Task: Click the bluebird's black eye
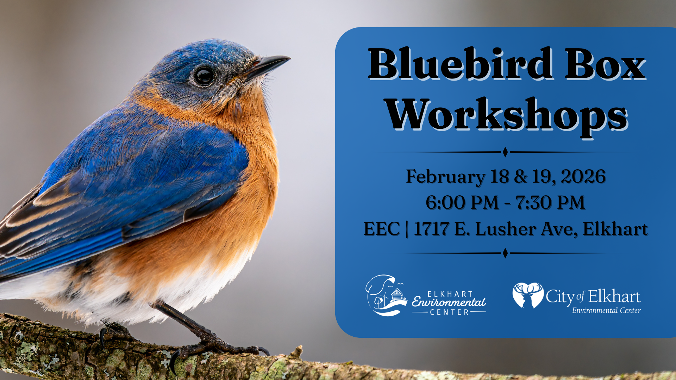(x=204, y=76)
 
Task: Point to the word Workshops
(x=507, y=116)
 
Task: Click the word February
(x=445, y=177)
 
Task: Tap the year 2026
(x=583, y=176)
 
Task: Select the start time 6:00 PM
(x=462, y=203)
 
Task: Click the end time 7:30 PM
(x=550, y=203)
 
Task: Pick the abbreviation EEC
(x=382, y=229)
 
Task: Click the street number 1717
(x=431, y=229)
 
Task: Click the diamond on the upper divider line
(x=505, y=152)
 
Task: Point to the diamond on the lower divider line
(x=505, y=253)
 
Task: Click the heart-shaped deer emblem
(x=528, y=295)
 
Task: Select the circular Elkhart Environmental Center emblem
(x=386, y=296)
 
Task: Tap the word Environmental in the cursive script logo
(x=449, y=302)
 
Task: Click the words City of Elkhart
(x=593, y=297)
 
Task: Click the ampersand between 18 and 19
(x=521, y=177)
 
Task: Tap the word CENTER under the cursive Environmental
(x=449, y=312)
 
